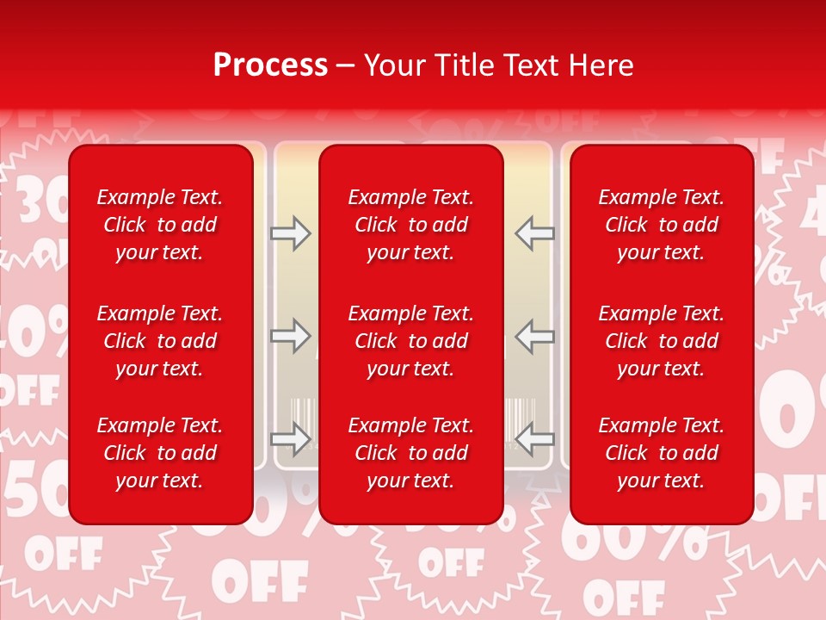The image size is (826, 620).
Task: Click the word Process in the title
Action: pos(270,65)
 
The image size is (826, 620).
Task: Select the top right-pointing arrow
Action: pos(290,232)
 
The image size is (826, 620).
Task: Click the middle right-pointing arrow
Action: pos(290,335)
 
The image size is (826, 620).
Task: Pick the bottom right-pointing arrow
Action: pos(290,438)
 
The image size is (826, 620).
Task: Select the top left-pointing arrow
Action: pos(535,232)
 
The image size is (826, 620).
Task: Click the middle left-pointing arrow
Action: pos(535,335)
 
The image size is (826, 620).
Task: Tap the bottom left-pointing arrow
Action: pos(535,438)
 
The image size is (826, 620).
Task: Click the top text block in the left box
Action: pos(160,225)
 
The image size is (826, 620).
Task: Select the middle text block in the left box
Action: pos(160,341)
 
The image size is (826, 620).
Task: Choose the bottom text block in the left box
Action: pos(160,453)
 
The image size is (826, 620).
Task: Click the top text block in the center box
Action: pos(410,225)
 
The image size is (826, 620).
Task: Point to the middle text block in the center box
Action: pos(410,341)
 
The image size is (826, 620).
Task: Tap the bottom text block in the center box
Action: pos(410,453)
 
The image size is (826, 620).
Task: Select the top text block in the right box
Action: pos(661,225)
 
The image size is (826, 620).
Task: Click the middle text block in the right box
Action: pos(661,341)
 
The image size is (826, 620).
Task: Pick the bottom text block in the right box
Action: pos(661,453)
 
